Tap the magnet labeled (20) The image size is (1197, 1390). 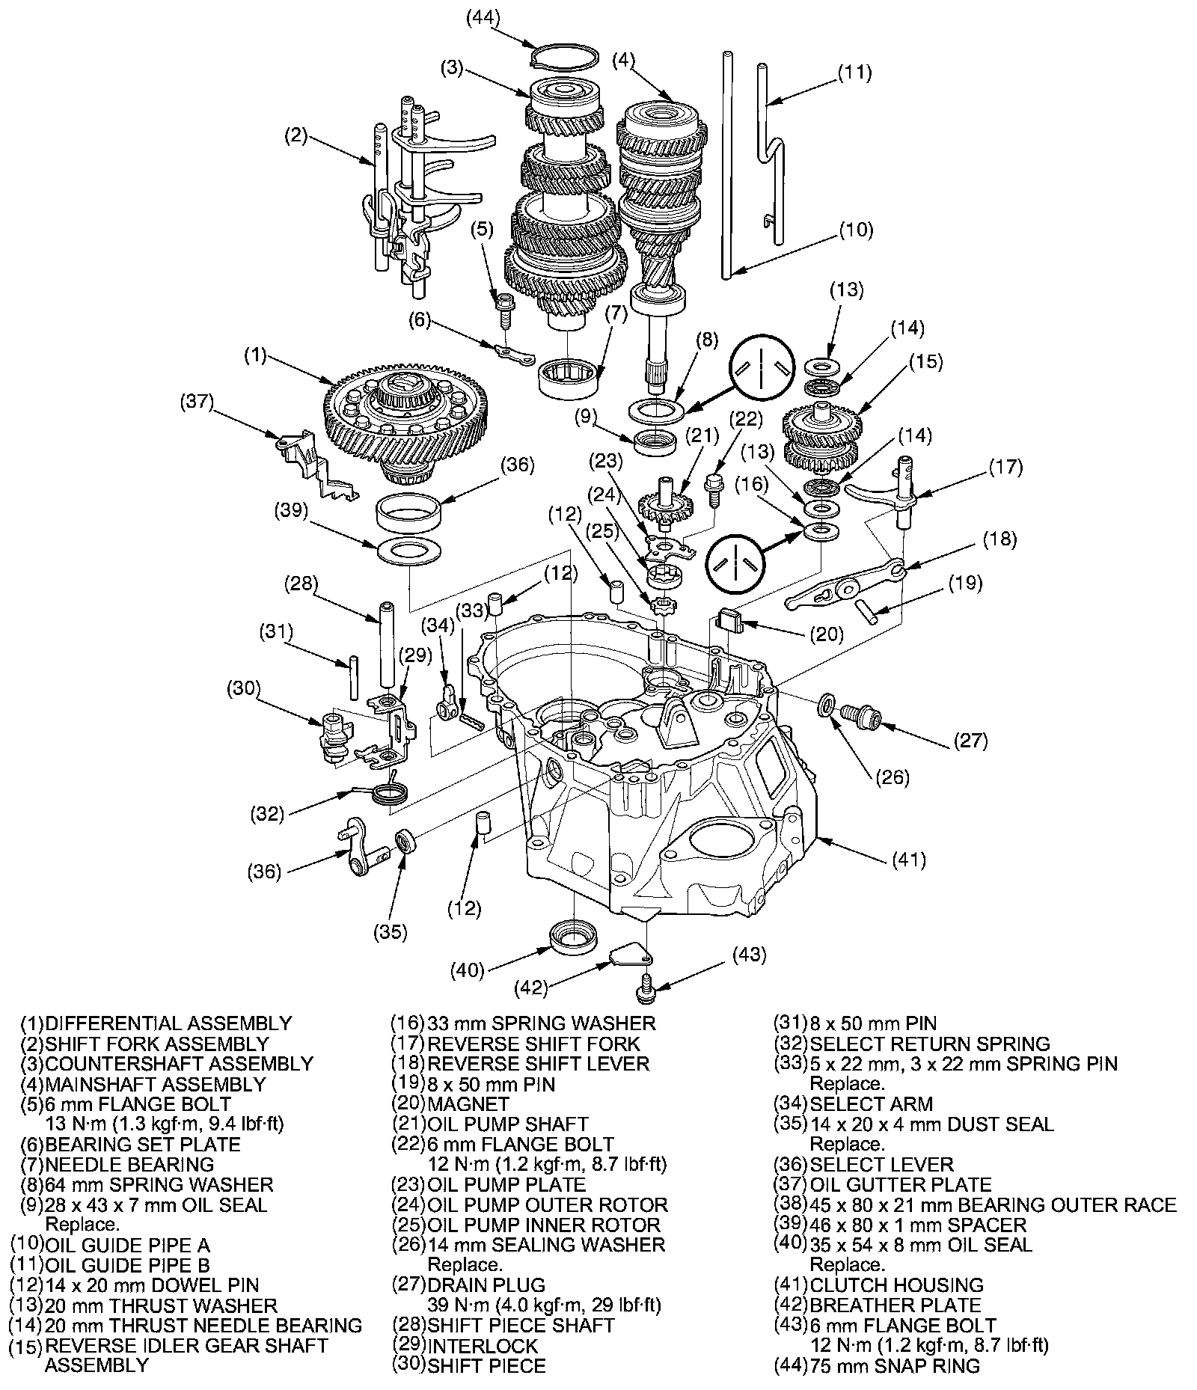[x=730, y=619]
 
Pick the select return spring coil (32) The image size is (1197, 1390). [x=391, y=792]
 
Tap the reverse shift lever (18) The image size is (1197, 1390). [x=842, y=587]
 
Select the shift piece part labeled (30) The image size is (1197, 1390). [x=333, y=737]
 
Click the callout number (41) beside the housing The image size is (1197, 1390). [x=908, y=860]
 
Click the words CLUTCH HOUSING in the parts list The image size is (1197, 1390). [x=896, y=1285]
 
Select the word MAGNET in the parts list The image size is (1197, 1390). [x=468, y=1103]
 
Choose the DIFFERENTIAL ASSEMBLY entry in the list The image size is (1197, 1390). [x=168, y=1023]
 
